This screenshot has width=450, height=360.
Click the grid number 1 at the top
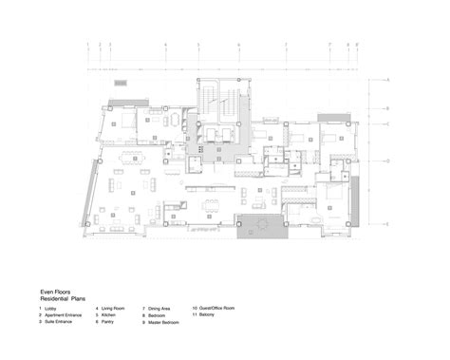[x=87, y=45]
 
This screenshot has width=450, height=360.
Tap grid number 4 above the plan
[x=164, y=45]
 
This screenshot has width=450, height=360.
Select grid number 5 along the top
[x=197, y=45]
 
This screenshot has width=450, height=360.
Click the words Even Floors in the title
[x=53, y=293]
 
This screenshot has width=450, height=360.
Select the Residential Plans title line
[x=63, y=300]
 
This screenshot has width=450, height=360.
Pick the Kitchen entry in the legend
[x=111, y=316]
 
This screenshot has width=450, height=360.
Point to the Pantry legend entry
[x=110, y=323]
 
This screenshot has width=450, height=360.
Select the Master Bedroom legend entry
[x=164, y=323]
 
